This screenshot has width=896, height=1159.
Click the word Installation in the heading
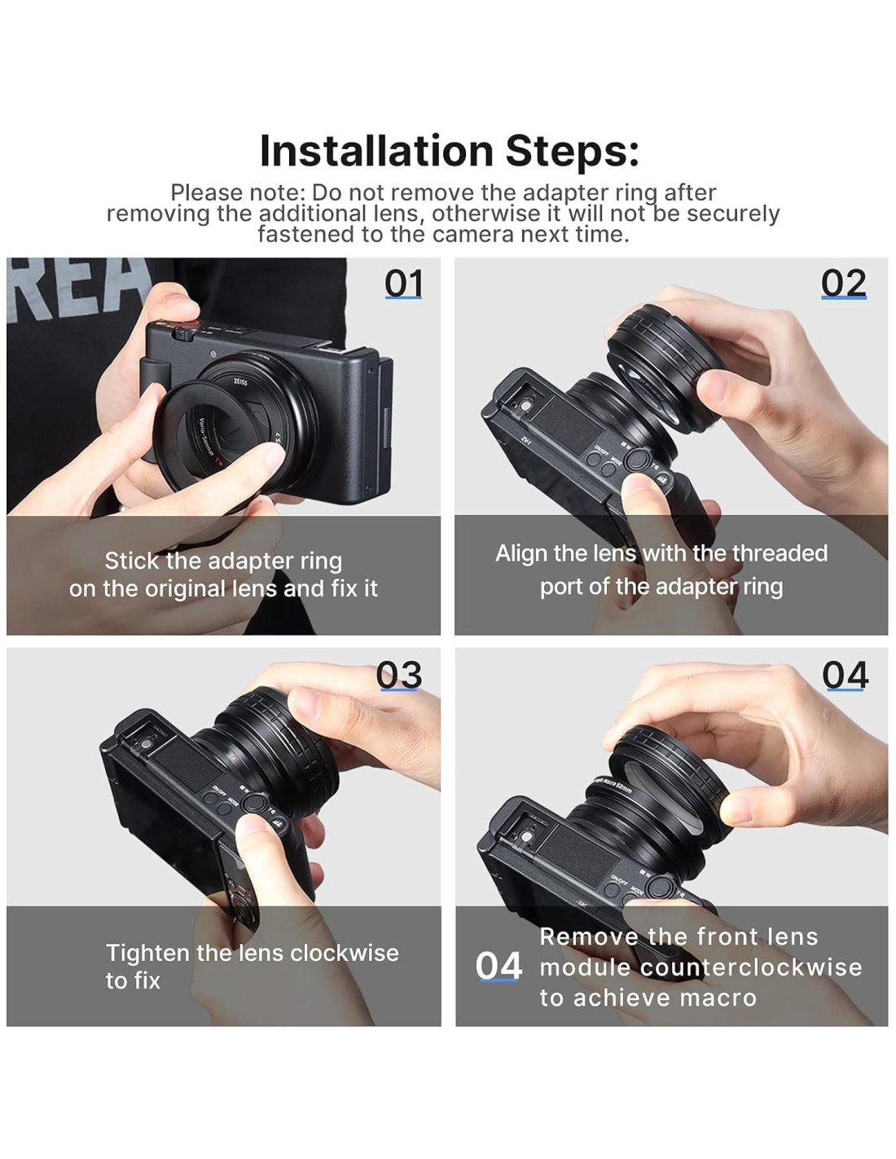click(x=377, y=151)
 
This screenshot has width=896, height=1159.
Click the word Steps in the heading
click(x=572, y=152)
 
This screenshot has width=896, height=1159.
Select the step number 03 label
click(x=398, y=675)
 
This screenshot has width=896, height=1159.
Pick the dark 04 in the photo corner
click(x=845, y=675)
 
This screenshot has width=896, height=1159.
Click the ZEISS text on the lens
click(x=240, y=382)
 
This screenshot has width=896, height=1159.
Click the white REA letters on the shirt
click(x=77, y=287)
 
